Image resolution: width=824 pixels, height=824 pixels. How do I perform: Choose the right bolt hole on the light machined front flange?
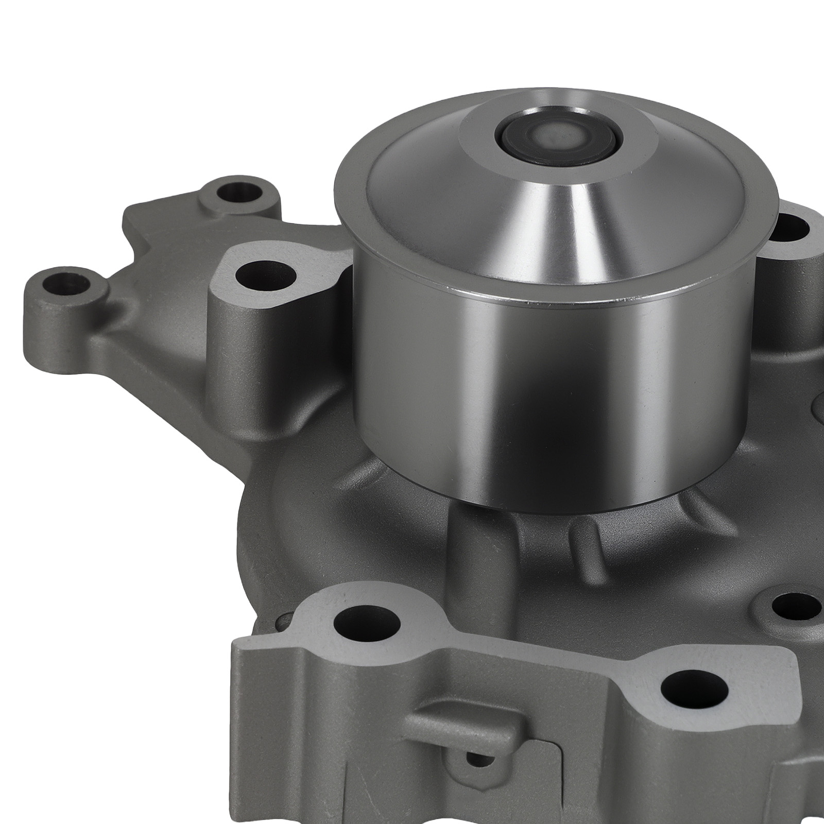coord(694,689)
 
